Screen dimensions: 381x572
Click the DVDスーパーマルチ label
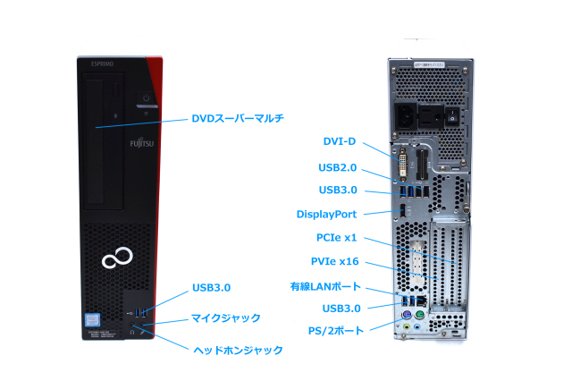click(237, 119)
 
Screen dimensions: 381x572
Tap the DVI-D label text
click(340, 141)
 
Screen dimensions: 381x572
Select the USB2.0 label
click(338, 166)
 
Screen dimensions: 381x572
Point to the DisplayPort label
click(326, 214)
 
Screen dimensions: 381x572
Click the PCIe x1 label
click(337, 238)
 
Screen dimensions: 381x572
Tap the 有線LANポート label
click(324, 286)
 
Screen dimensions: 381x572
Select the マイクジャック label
click(226, 317)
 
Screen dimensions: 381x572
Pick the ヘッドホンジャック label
click(239, 350)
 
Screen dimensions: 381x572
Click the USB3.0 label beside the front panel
click(211, 288)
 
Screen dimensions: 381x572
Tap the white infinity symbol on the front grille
click(115, 260)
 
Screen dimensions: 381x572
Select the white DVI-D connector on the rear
click(405, 165)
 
